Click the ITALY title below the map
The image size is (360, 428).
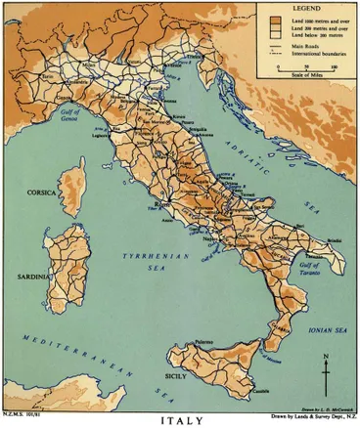tap(180, 420)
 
